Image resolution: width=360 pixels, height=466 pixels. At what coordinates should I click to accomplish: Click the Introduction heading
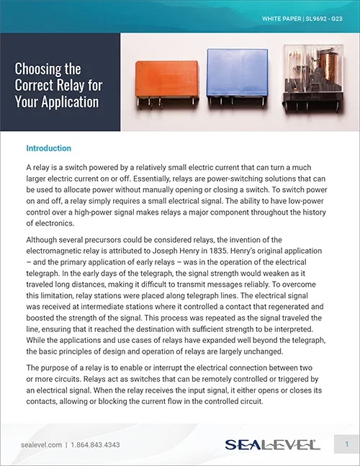coord(48,148)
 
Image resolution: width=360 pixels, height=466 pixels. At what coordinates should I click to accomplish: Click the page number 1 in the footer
coord(346,444)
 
